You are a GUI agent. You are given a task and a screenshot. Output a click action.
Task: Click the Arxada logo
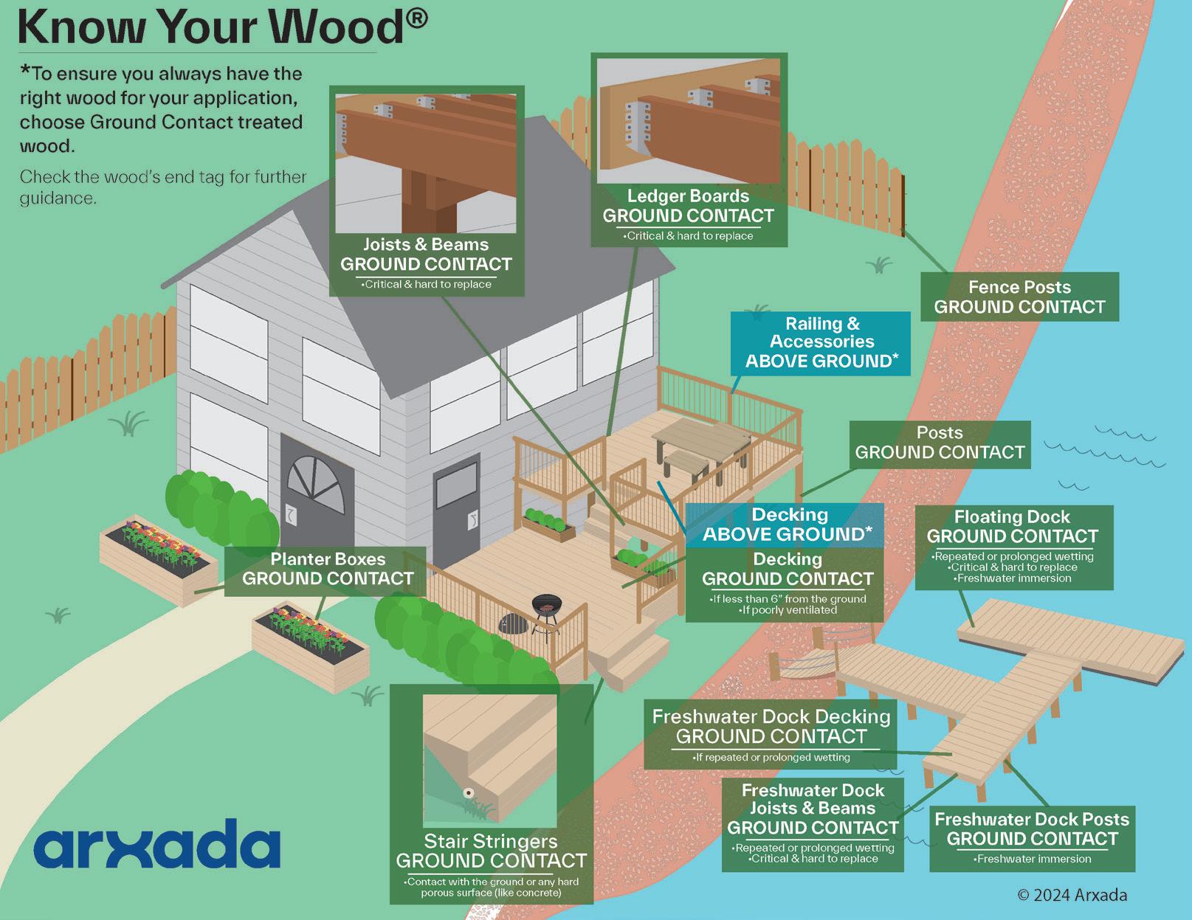coord(156,843)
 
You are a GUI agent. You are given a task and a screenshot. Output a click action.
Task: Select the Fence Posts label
coord(1019,297)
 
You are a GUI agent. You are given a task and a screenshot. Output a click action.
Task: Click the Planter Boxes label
coord(328,569)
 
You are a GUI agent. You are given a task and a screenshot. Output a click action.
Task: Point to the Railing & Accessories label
coord(821,342)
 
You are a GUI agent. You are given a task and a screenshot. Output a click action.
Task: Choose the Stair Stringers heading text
coord(491,841)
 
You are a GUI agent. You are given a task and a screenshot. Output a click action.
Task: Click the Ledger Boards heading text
coord(688,196)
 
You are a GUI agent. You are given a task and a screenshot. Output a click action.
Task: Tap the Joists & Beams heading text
coord(426,244)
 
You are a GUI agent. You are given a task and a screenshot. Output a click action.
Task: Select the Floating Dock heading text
coord(1012,517)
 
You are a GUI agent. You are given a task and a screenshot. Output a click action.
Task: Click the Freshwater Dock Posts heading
coord(1032,819)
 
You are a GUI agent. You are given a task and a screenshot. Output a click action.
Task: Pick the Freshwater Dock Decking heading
coord(771,716)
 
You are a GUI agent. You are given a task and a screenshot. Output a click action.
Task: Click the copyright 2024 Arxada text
coord(1072,895)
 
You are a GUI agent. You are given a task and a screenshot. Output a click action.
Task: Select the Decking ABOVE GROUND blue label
coord(788,525)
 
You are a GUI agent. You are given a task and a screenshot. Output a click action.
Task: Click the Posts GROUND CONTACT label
coord(940,443)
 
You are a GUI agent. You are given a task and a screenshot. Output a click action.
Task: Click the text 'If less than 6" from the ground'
coord(788,599)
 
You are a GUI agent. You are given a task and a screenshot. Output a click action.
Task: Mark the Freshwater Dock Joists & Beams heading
coord(813,799)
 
